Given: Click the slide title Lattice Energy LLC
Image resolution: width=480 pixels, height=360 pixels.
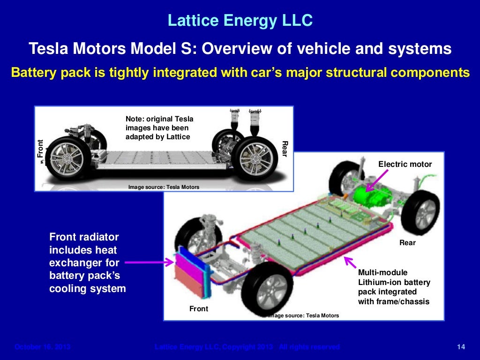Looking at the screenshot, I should coord(240,21).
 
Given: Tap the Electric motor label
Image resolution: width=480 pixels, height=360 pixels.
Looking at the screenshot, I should coord(405,164).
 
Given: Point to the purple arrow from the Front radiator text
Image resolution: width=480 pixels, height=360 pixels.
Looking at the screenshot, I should coord(149,262).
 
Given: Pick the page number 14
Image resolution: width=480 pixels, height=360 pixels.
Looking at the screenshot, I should coord(460,347).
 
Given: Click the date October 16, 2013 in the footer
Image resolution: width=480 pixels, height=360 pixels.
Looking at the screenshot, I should coord(42,347).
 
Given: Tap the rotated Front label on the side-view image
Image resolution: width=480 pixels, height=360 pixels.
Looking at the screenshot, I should coord(40,149).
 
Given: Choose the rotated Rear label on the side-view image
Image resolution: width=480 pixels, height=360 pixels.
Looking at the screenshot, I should coord(285,149).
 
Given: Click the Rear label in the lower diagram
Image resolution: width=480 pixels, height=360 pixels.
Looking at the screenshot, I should coord(407,243).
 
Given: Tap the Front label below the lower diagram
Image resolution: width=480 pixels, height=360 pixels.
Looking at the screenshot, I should coord(198,309).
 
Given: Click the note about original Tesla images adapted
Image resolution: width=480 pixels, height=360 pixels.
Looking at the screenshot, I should coord(159,127).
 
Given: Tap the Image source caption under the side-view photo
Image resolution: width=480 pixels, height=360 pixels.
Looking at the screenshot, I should coord(164,187).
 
